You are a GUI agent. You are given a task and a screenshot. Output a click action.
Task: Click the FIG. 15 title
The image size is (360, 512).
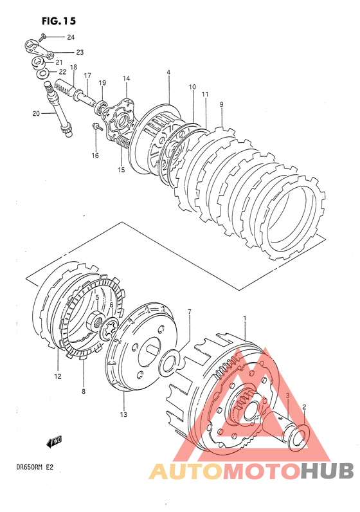pos(59,21)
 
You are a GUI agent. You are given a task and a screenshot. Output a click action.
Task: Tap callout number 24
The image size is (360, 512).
pos(71,37)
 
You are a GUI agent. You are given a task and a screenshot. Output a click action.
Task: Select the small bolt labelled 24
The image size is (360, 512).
pos(42,37)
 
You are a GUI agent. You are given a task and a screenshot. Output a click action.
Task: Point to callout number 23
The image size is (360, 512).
pos(80,52)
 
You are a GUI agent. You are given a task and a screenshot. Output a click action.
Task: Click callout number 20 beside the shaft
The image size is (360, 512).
pos(36,114)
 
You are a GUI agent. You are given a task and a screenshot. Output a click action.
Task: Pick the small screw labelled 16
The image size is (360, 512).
pos(97,127)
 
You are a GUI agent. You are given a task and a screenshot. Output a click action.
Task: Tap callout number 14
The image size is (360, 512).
pos(126,78)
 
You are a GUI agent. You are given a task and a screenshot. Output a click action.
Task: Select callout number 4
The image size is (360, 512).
pos(168,72)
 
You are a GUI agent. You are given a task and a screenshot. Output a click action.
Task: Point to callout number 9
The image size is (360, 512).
pos(221,105)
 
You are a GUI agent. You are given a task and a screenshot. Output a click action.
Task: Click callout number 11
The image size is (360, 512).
pos(204,95)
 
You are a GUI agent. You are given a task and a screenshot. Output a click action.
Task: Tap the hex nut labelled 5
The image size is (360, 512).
pos(97,320)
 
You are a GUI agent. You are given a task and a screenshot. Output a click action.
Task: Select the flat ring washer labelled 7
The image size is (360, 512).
pos(170,361)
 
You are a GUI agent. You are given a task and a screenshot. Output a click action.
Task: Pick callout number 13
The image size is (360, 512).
pos(123,415)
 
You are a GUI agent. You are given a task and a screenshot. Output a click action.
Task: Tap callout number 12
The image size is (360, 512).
pos(58,376)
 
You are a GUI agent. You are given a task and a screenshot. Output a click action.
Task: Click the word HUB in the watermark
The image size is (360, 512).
pos(327,471)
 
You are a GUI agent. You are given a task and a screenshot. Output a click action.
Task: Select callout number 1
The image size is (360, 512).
pos(244,318)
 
